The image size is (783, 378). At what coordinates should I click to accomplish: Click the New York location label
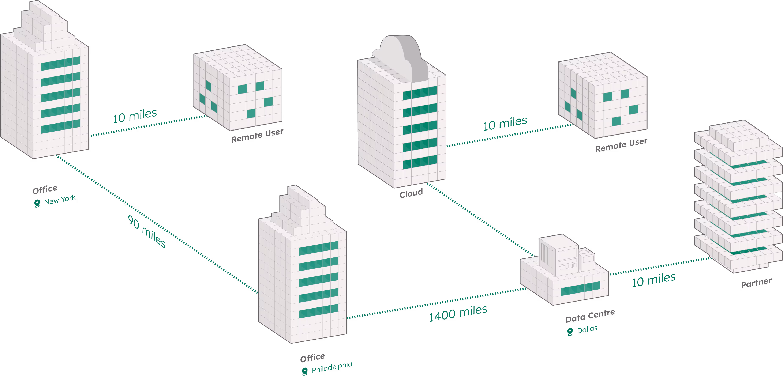[60, 200]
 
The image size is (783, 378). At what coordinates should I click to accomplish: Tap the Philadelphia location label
[332, 367]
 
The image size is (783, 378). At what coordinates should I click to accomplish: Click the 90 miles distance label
[146, 231]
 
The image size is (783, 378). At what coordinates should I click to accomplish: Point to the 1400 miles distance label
[458, 313]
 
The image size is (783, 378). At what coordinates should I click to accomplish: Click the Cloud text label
[411, 193]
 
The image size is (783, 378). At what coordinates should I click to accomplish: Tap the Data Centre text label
[590, 316]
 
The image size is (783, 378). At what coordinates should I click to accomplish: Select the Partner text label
[756, 283]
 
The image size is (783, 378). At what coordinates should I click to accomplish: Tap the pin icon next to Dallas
[570, 332]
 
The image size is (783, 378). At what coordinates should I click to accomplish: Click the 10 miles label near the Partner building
[653, 280]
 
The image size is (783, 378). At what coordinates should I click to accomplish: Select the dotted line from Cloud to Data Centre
[480, 219]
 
